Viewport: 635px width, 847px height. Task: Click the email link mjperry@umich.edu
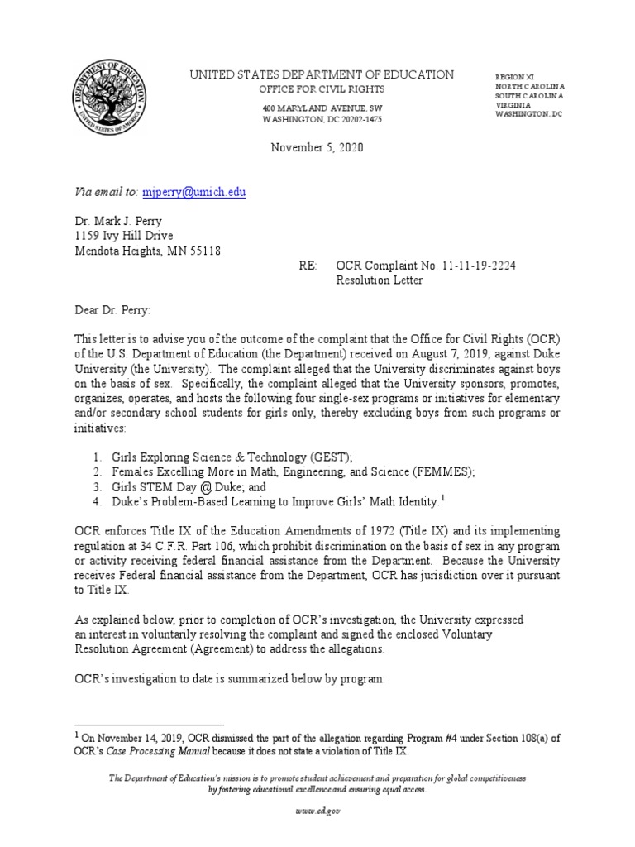point(193,193)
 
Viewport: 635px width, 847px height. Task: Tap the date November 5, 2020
point(317,148)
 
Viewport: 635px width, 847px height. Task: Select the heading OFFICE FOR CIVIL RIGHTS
point(322,89)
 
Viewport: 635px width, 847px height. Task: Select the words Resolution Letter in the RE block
point(379,280)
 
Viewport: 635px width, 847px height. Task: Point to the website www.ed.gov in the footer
point(317,811)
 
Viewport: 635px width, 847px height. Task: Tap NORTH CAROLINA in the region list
point(530,86)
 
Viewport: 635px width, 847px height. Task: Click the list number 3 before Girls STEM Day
point(96,486)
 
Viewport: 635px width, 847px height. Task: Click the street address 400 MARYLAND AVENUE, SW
point(322,108)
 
